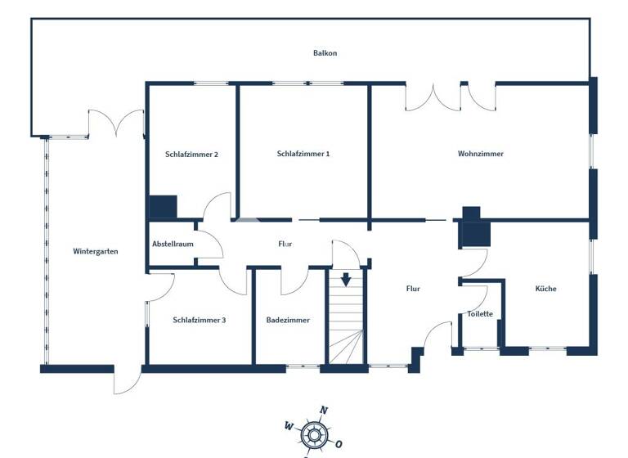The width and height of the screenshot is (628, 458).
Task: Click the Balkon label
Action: [325, 53]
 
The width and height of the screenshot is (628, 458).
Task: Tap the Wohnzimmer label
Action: [481, 154]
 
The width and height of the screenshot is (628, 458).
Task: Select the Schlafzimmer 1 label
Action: [303, 154]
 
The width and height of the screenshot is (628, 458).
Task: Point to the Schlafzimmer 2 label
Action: [191, 155]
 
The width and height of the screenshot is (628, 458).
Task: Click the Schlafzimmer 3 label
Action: [200, 321]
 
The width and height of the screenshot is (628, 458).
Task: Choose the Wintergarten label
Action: [96, 252]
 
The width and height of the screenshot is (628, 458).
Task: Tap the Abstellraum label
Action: [173, 244]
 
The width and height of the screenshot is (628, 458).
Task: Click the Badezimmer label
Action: [288, 321]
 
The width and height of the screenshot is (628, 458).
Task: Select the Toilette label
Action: [480, 314]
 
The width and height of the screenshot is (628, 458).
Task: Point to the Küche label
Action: [546, 289]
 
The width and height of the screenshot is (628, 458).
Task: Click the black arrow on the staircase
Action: [346, 280]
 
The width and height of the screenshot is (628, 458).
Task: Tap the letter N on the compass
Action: [324, 411]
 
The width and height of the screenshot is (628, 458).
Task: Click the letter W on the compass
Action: [289, 425]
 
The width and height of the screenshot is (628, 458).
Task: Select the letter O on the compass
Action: [339, 444]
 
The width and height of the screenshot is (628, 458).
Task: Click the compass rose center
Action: [313, 433]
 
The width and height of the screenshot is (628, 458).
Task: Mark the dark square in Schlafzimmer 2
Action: [164, 207]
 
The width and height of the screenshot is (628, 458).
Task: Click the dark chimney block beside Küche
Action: [473, 229]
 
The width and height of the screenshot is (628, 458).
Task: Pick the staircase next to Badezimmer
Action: [348, 319]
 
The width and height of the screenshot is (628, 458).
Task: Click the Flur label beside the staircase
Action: [414, 289]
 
